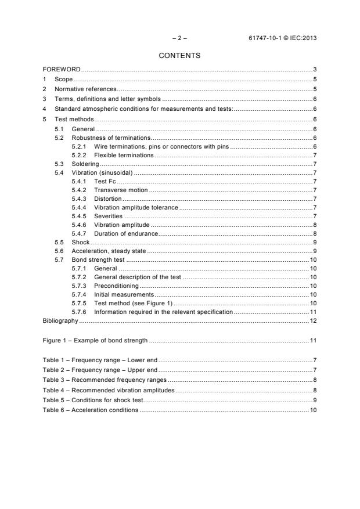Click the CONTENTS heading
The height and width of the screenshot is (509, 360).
pyautogui.click(x=179, y=56)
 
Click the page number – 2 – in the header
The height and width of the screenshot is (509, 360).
pyautogui.click(x=180, y=38)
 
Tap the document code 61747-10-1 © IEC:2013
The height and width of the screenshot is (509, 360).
pyautogui.click(x=282, y=38)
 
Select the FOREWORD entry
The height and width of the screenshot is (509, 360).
pyautogui.click(x=62, y=70)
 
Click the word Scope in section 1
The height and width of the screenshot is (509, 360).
pyautogui.click(x=64, y=80)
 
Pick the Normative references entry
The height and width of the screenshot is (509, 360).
pyautogui.click(x=85, y=89)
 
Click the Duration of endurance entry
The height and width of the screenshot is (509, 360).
pyautogui.click(x=126, y=233)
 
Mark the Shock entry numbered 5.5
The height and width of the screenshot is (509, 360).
pyautogui.click(x=80, y=241)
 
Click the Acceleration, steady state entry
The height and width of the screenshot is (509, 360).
pyautogui.click(x=109, y=251)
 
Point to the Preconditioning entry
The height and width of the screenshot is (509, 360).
pyautogui.click(x=116, y=286)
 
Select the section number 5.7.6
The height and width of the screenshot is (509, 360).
pyautogui.click(x=79, y=312)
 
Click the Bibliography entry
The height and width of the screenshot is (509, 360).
pyautogui.click(x=60, y=320)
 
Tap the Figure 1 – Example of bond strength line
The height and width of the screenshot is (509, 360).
pyautogui.click(x=95, y=340)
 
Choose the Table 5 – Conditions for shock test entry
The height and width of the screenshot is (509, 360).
pyautogui.click(x=92, y=400)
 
